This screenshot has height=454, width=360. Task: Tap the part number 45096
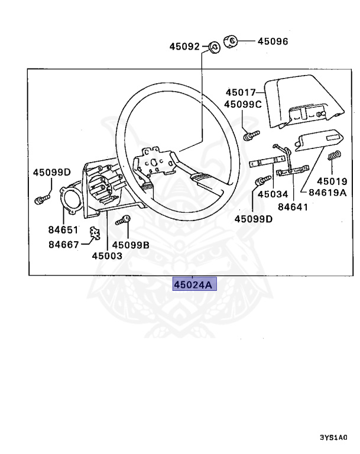click(273, 41)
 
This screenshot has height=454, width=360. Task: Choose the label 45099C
click(242, 105)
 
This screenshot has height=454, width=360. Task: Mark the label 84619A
click(324, 193)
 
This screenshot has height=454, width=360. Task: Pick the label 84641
click(293, 206)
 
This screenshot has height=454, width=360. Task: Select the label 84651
click(63, 229)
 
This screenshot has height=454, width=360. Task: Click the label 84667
click(63, 244)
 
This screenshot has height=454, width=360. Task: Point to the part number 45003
click(107, 256)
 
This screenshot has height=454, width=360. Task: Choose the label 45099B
click(131, 244)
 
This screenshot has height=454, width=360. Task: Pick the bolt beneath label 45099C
click(251, 134)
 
